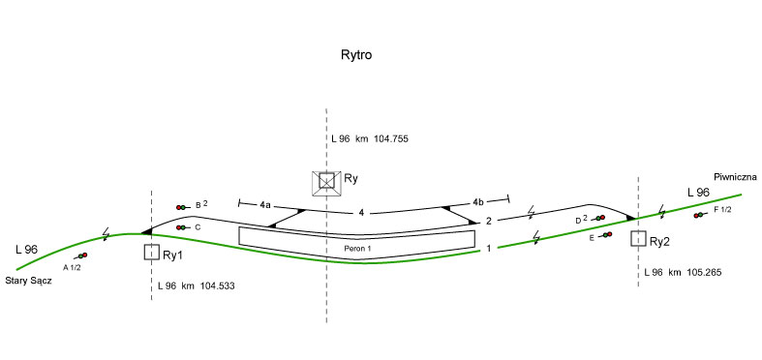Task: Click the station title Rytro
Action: [x=356, y=55]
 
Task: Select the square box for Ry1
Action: [x=152, y=253]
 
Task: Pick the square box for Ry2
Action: [x=638, y=238]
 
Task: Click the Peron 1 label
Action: [x=358, y=249]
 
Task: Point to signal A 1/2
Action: [x=81, y=255]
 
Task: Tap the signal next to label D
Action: [x=598, y=218]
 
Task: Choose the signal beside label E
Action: [x=605, y=234]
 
